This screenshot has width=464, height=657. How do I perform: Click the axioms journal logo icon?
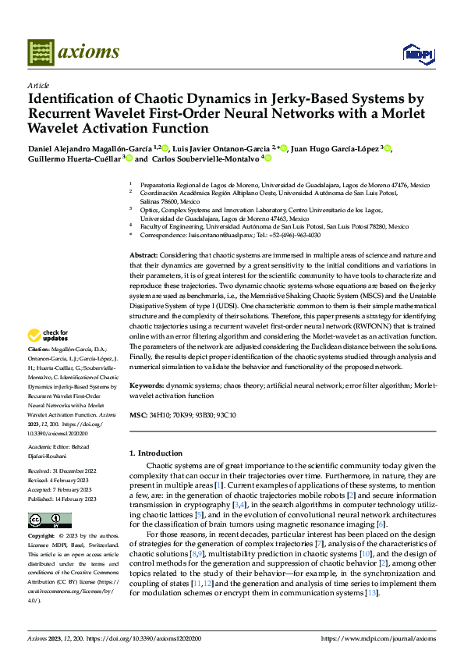(x=41, y=52)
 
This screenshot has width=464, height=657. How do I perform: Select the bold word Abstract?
(x=144, y=256)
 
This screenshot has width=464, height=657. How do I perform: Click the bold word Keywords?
(x=146, y=385)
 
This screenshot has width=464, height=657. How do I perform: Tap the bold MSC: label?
(x=137, y=415)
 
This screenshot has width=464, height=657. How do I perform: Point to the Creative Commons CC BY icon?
(x=44, y=520)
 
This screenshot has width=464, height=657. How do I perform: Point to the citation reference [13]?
(x=371, y=593)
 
